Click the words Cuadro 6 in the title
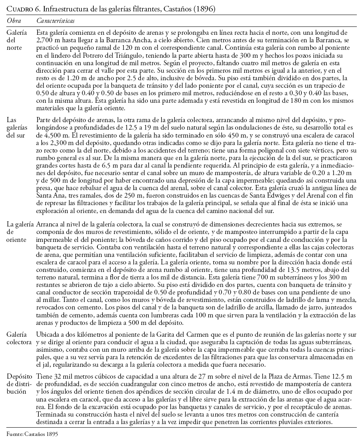click(21, 9)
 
